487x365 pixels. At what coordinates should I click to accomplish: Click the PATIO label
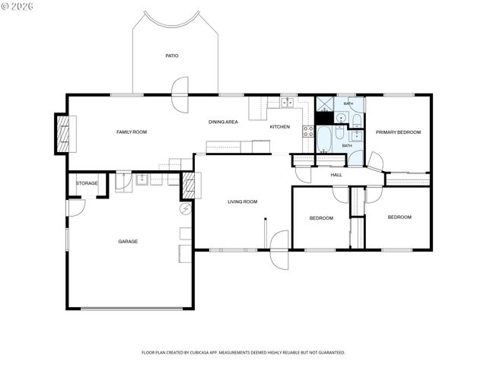point(172,56)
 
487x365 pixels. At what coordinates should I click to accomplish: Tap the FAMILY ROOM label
point(132,132)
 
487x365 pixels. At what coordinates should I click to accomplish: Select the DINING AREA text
point(223,122)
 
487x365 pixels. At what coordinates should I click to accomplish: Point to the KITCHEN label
point(280,127)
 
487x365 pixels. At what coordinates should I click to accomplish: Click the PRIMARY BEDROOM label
point(398,132)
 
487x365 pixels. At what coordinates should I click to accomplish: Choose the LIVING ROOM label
point(243,202)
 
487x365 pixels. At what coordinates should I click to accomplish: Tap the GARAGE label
point(128,241)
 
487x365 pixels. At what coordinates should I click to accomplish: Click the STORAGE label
point(87,183)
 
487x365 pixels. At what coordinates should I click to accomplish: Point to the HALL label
point(336,175)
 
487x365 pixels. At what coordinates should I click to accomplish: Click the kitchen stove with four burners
point(308,132)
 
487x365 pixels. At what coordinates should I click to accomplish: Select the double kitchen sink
point(287,103)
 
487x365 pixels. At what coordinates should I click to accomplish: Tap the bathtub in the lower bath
point(324,139)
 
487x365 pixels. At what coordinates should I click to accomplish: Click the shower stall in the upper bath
point(325,104)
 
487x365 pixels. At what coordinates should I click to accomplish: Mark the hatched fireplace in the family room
point(64,134)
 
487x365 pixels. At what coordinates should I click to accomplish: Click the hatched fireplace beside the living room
point(188,186)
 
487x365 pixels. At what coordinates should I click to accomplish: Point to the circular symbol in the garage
point(186,209)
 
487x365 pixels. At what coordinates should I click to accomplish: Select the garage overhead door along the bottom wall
point(132,309)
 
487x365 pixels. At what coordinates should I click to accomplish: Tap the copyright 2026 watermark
point(17,7)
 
